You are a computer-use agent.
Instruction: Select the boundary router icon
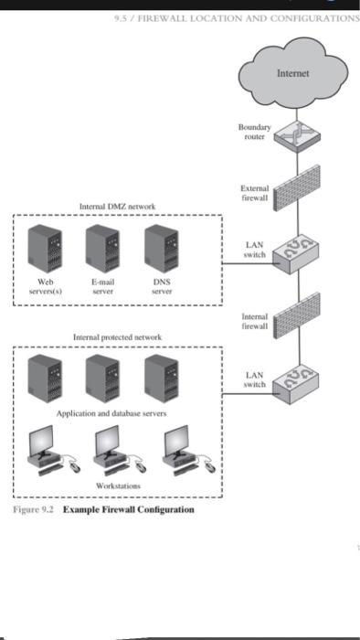(299, 134)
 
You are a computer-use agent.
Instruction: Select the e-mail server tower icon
(102, 247)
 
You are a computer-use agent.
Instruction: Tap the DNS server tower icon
(160, 247)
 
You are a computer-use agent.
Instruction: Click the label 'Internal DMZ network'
(116, 208)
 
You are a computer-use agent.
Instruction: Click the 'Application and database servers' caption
(111, 414)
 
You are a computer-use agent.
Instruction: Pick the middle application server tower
(102, 378)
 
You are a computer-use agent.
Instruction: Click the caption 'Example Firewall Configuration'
(128, 508)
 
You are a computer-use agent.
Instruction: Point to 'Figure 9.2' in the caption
(36, 508)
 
